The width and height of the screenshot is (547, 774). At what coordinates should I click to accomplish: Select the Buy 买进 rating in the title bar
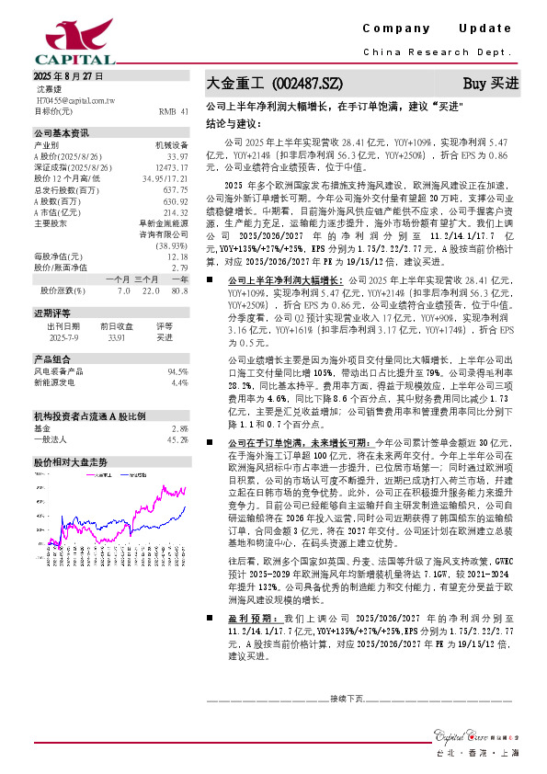pos(490,83)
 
